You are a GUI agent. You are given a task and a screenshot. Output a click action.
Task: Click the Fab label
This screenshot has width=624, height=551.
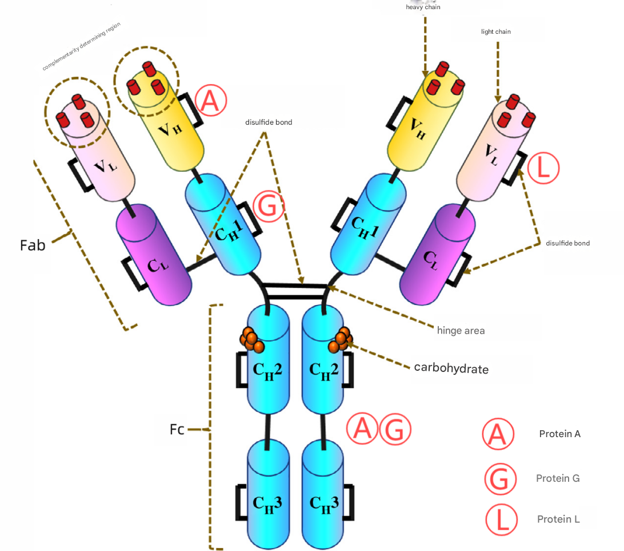(33, 245)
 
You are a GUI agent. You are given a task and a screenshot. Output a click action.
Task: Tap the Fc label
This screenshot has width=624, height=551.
(177, 429)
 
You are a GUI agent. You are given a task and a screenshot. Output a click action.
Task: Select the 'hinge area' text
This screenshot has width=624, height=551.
(461, 330)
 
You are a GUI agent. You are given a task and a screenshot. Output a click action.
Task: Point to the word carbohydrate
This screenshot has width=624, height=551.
(451, 368)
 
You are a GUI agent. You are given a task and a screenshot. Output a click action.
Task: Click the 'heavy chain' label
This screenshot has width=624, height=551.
(423, 7)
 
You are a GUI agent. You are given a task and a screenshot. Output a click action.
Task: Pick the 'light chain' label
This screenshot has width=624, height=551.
(495, 32)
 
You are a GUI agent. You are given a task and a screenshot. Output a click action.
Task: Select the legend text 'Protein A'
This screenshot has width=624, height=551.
(559, 434)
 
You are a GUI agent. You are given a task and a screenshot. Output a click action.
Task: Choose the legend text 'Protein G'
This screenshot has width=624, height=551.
(558, 478)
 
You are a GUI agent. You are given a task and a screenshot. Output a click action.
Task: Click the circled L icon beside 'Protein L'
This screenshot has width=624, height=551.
(501, 520)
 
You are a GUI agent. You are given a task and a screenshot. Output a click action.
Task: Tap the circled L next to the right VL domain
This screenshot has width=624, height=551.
(542, 168)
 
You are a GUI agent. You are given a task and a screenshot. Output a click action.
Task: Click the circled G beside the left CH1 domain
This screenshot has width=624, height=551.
(268, 207)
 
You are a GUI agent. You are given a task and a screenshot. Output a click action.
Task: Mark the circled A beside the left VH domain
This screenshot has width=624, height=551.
(211, 101)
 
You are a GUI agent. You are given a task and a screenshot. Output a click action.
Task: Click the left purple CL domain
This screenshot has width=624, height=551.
(153, 257)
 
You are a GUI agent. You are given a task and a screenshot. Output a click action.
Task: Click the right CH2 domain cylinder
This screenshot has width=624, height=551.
(323, 366)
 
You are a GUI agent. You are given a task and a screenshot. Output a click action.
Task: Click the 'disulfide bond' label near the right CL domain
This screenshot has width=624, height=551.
(567, 243)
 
